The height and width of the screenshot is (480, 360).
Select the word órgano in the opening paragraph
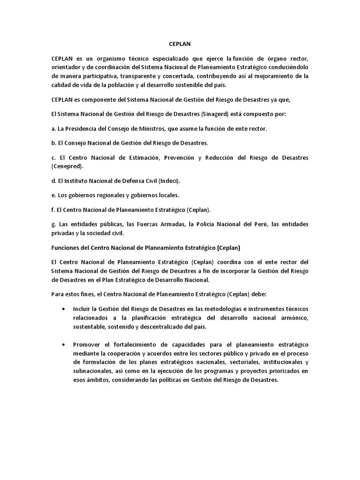[269, 58]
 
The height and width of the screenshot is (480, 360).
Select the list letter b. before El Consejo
[54, 142]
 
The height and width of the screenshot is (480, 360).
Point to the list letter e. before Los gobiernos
[54, 195]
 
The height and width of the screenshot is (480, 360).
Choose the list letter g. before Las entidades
[54, 224]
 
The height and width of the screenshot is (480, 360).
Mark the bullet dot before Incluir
[64, 309]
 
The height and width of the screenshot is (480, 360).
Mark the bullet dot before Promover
[64, 345]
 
